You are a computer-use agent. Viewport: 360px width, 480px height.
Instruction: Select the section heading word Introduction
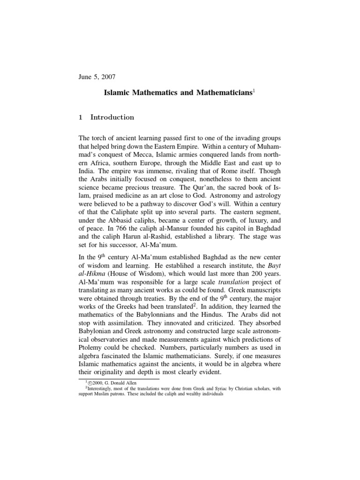pos(112,117)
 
